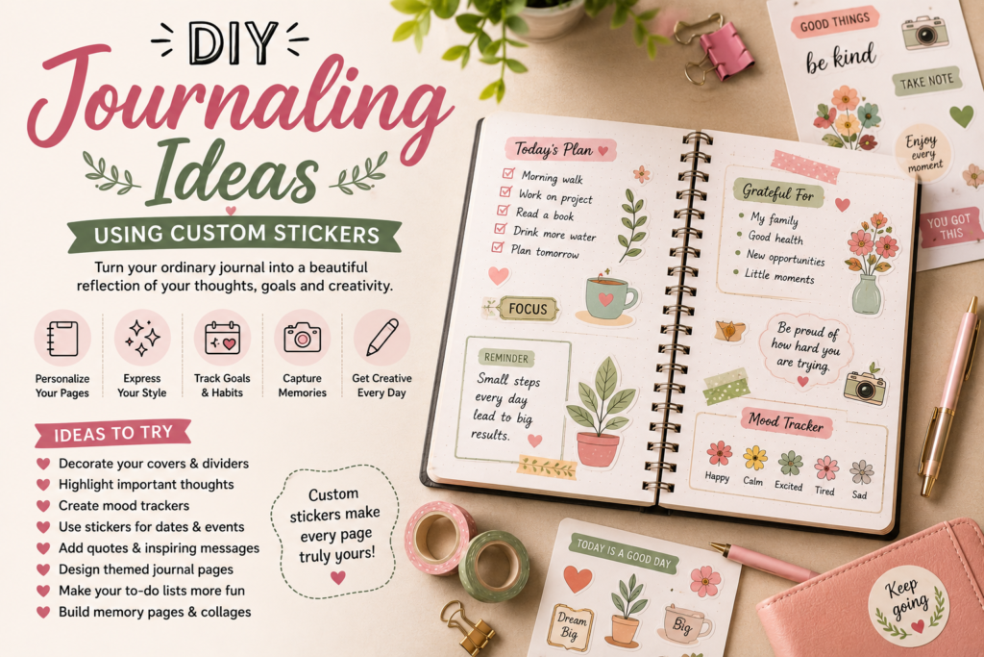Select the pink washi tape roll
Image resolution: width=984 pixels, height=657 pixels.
439,537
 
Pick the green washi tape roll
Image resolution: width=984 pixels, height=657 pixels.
493,567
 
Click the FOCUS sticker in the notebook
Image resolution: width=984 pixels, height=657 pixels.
528,309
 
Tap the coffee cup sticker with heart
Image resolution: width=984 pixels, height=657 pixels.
608,299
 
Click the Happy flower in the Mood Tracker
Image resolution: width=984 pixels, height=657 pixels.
719,453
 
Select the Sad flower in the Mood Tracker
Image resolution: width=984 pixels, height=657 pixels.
862,472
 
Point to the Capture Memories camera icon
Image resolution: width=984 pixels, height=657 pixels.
302,338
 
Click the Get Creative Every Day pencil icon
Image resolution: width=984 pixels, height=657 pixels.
381,338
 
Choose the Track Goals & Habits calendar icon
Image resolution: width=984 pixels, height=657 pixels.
222,338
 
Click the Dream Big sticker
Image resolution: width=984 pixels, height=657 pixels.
571,626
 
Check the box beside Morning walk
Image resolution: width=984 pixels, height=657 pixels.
508,173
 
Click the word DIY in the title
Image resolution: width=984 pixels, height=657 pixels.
233,42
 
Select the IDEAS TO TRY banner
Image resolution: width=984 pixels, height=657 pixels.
113,434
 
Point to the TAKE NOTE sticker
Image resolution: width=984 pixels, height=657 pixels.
926,82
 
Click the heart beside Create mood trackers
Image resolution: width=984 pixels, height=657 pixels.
43,506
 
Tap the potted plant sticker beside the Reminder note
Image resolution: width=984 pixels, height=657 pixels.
600,413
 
